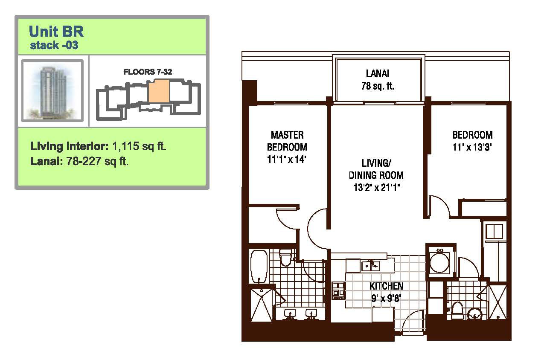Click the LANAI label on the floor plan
(x=378, y=73)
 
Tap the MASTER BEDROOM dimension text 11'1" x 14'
(x=287, y=159)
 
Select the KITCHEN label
(x=386, y=286)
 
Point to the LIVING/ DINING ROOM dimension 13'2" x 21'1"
(x=376, y=187)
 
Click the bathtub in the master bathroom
(x=259, y=267)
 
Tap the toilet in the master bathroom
(x=285, y=257)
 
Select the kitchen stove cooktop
(x=338, y=290)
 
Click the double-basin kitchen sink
(x=370, y=266)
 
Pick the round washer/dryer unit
(x=439, y=262)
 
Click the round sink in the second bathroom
(x=474, y=314)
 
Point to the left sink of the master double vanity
(x=290, y=314)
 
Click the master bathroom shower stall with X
(x=261, y=305)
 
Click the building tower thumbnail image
(x=52, y=90)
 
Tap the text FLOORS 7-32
(x=148, y=72)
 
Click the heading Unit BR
(x=56, y=31)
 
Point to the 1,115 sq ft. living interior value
(x=139, y=146)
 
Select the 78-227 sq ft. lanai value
(x=97, y=161)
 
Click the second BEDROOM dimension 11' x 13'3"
(x=472, y=147)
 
